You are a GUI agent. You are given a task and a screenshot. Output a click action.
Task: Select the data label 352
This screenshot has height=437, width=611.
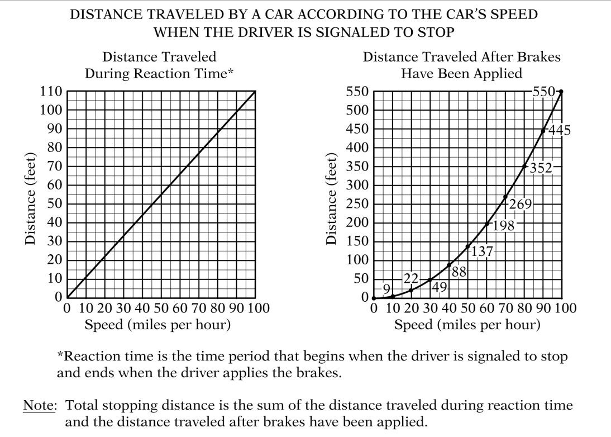click(x=540, y=167)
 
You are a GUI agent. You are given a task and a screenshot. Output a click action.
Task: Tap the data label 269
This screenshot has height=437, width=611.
click(x=520, y=204)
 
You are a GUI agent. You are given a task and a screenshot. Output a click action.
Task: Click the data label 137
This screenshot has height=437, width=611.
click(x=483, y=251)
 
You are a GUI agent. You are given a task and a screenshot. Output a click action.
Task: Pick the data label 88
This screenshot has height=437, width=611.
click(x=459, y=273)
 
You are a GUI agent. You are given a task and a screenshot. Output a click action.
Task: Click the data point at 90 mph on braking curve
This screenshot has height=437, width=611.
click(x=543, y=131)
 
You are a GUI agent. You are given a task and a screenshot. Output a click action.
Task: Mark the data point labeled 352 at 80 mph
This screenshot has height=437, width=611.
click(x=524, y=166)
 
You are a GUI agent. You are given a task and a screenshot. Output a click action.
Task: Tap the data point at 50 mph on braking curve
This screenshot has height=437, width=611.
click(x=467, y=246)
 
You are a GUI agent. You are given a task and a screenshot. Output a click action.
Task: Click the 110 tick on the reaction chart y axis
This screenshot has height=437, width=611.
click(x=50, y=92)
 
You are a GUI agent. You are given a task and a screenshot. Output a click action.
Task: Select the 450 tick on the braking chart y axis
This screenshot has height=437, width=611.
click(x=357, y=129)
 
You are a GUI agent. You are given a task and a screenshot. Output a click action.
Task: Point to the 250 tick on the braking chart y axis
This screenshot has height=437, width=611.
click(x=357, y=204)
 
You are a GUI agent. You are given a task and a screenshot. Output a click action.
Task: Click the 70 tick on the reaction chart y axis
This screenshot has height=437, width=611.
click(x=54, y=167)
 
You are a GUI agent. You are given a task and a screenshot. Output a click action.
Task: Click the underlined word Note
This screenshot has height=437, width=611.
click(x=40, y=406)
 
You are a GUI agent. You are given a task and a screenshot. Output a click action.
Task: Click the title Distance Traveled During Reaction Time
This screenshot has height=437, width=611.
click(x=159, y=65)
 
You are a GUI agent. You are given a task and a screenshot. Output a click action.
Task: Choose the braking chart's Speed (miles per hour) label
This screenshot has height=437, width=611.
click(x=467, y=325)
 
